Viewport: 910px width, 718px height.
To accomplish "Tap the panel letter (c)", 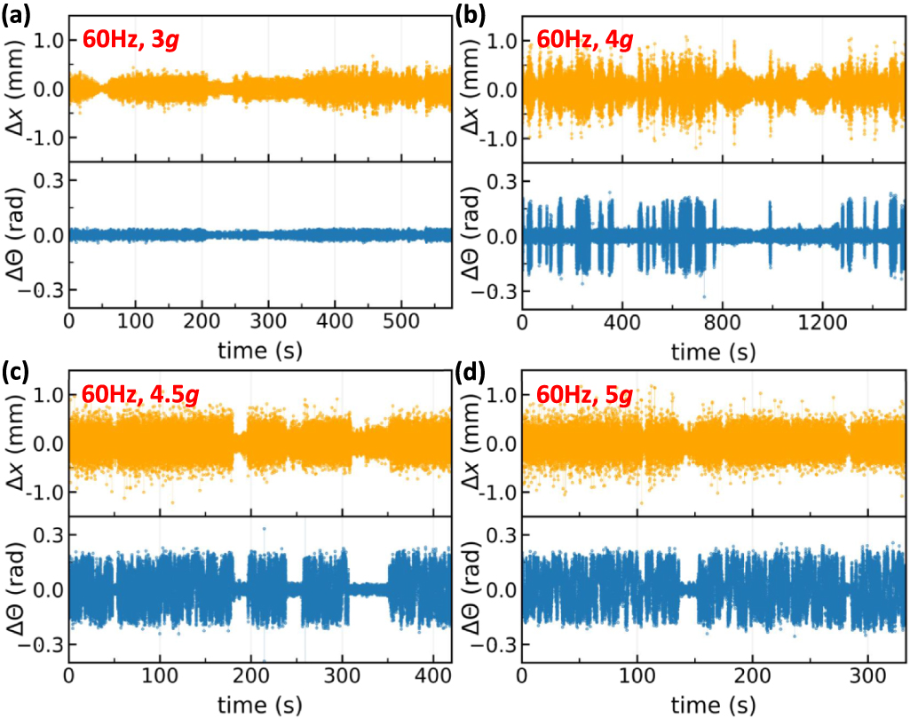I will pyautogui.click(x=16, y=372).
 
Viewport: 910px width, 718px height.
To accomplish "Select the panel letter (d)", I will pyautogui.click(x=470, y=372).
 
